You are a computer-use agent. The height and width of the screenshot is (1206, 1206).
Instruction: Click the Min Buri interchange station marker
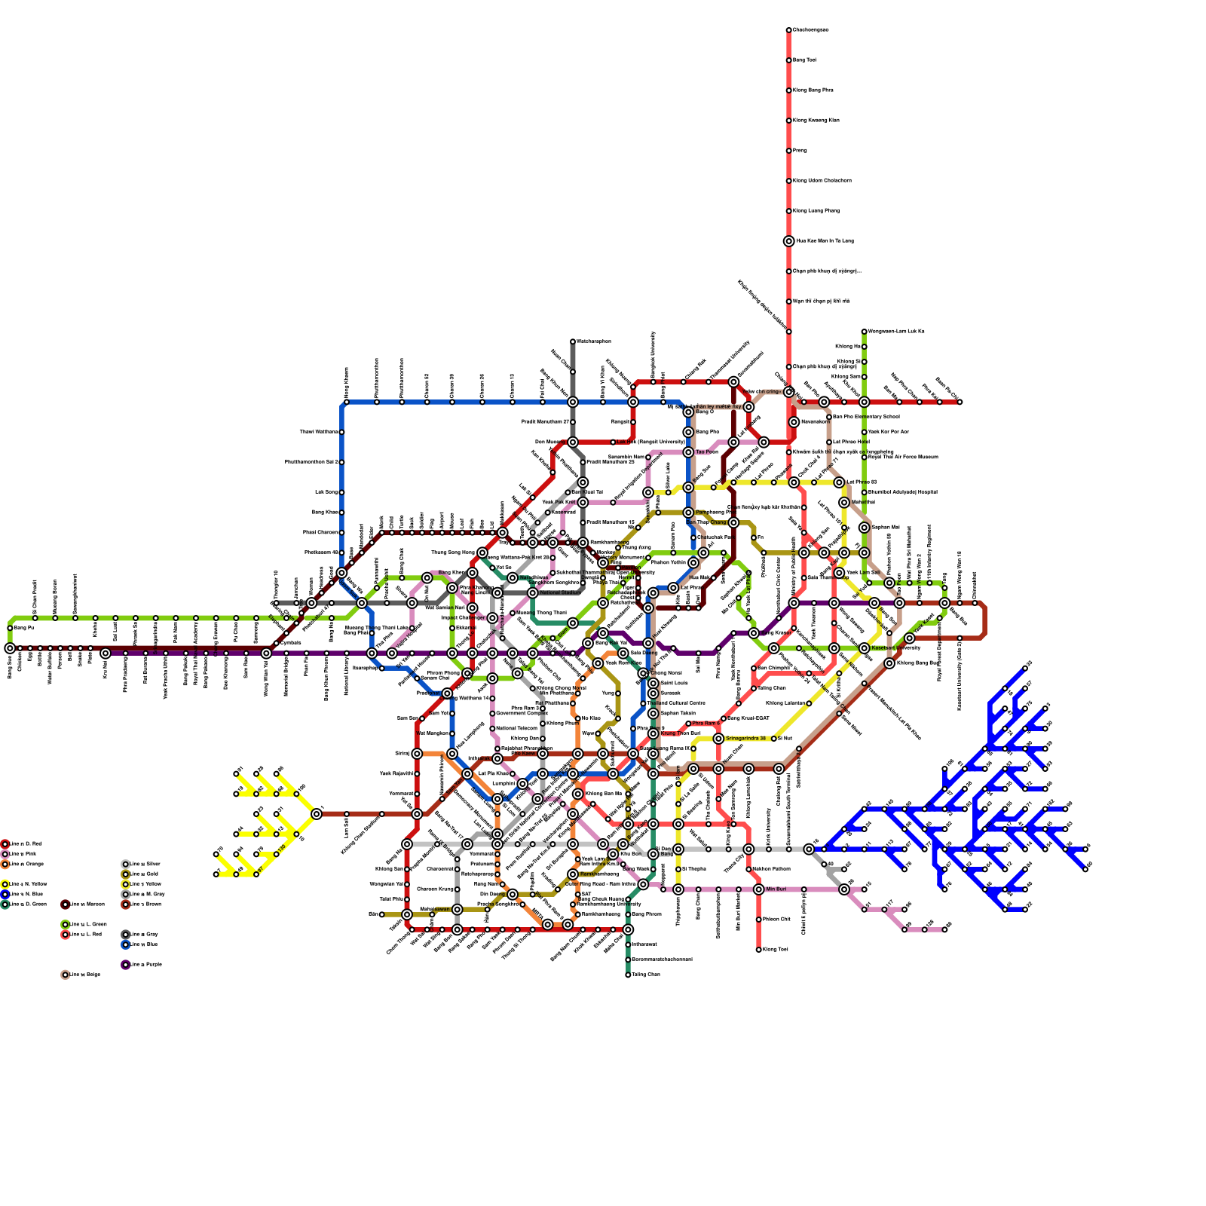[x=758, y=889]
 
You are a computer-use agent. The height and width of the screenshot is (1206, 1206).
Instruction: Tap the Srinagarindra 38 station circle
[x=718, y=739]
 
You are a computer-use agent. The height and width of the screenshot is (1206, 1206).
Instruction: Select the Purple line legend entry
[x=125, y=965]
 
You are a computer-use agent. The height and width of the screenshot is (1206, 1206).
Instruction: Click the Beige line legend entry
[x=65, y=975]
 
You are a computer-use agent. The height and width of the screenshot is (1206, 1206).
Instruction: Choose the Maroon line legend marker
[x=65, y=904]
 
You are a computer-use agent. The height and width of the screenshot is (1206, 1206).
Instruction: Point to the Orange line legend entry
[x=5, y=865]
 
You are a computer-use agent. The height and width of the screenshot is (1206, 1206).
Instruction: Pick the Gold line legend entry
[x=125, y=874]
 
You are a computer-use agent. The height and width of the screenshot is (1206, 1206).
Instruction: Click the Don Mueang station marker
[x=573, y=442]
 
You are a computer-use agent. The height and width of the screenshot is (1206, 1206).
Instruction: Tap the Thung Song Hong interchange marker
[x=482, y=552]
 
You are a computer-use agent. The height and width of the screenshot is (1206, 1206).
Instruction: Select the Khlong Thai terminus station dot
[x=758, y=950]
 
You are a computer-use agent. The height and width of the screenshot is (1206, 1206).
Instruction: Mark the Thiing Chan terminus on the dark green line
[x=628, y=975]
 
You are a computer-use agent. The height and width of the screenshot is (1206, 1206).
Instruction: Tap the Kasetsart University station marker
[x=865, y=648]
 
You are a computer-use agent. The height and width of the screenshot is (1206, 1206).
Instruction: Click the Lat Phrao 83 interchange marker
[x=839, y=482]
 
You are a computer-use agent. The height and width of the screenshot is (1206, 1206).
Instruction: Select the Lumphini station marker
[x=522, y=784]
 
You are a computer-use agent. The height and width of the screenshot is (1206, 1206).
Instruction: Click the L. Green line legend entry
[x=65, y=925]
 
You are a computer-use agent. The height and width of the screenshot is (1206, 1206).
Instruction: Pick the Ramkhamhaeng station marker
[x=573, y=874]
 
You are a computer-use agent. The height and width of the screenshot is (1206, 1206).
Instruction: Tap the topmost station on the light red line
[x=788, y=30]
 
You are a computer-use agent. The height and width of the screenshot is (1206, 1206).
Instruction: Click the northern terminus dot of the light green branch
[x=864, y=332]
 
